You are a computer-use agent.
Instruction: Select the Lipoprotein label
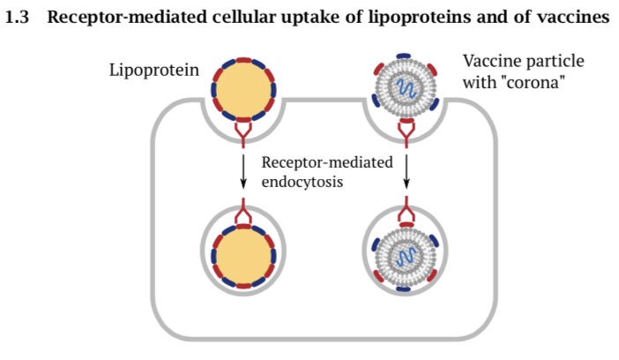coord(153,69)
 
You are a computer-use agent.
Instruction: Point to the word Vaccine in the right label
coord(491,63)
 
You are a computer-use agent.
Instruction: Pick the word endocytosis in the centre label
coord(302,181)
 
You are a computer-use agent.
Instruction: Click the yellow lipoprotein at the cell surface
coord(243,90)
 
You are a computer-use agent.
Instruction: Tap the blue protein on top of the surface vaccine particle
coord(405,56)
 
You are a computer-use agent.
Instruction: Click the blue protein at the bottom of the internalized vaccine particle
coord(406,289)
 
